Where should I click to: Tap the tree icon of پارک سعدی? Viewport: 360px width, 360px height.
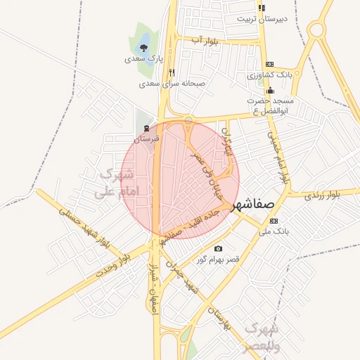[x=144, y=48]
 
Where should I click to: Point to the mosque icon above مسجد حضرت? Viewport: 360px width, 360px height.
[x=270, y=90]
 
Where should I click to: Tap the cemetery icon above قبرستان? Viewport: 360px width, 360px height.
[x=146, y=128]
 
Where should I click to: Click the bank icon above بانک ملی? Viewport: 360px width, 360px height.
[x=274, y=221]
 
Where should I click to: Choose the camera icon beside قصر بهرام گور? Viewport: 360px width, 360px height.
[x=218, y=248]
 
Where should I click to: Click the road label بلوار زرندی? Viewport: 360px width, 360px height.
[x=323, y=195]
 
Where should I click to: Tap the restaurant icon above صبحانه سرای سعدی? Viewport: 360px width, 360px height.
[x=172, y=72]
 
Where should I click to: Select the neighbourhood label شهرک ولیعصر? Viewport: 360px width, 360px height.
[x=260, y=337]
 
